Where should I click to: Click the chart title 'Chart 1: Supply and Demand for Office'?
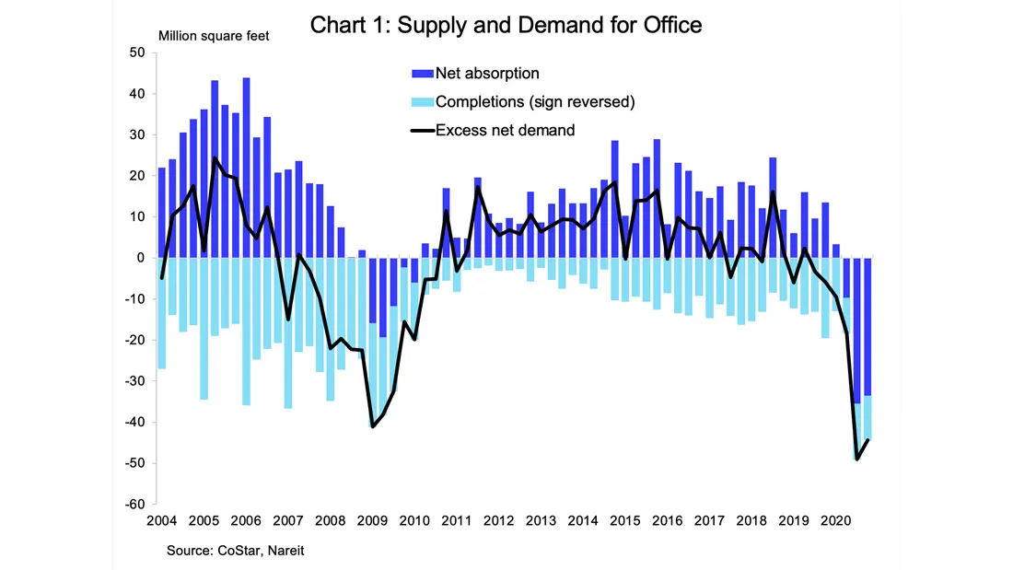click(506, 25)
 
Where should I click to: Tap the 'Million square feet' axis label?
click(214, 36)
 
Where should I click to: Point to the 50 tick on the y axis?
click(137, 52)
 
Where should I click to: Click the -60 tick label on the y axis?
click(135, 504)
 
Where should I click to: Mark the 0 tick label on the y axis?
click(141, 258)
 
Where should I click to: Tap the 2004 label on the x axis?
click(161, 521)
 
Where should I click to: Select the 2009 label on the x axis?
click(372, 521)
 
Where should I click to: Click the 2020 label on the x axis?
click(835, 521)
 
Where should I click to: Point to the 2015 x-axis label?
click(624, 521)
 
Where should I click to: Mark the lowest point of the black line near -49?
click(857, 459)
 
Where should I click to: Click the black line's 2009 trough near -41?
click(372, 426)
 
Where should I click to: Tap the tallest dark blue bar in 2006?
click(246, 168)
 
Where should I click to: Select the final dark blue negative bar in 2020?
click(867, 327)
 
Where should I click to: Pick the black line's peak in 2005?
click(215, 157)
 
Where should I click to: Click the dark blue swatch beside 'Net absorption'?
click(422, 74)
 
